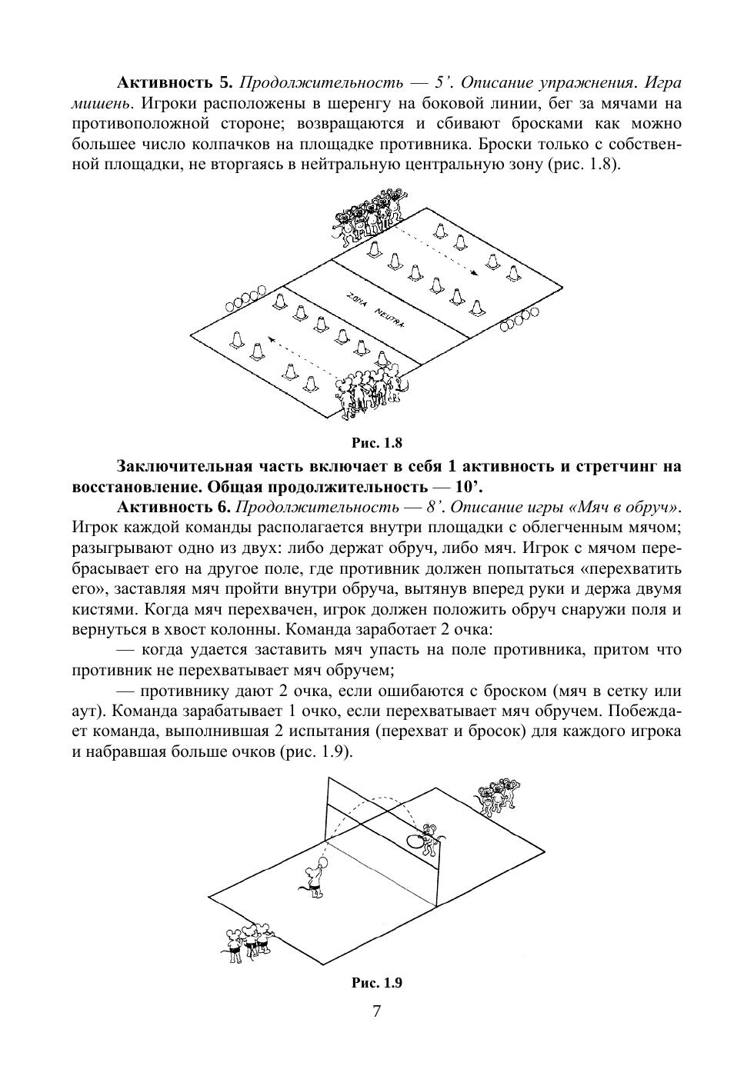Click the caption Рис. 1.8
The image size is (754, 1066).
point(376,443)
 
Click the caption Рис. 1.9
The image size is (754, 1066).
point(376,983)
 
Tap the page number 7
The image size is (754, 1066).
point(376,1011)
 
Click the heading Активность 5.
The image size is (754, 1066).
point(174,82)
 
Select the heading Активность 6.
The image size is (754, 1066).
point(174,508)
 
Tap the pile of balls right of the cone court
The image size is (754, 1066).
point(519,319)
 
